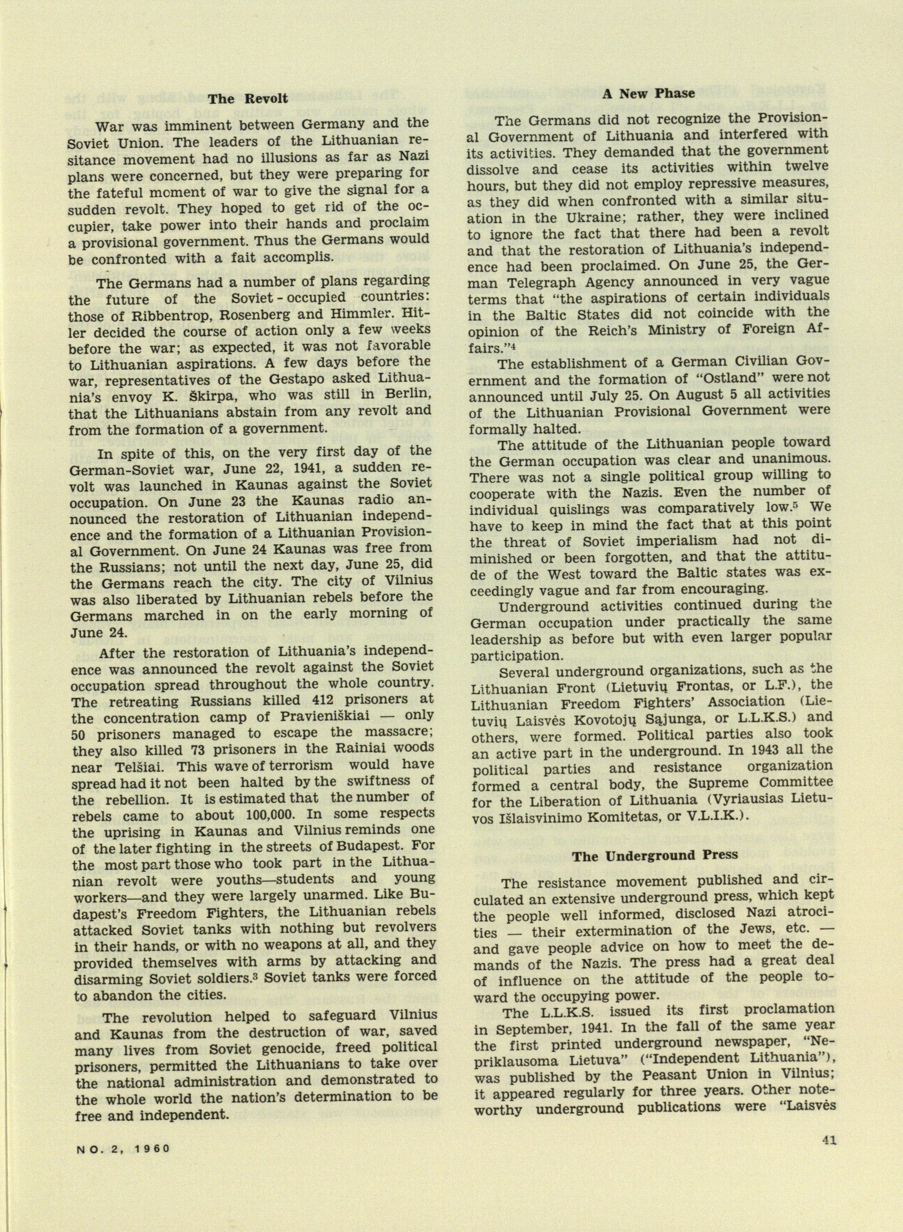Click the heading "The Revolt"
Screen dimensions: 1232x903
pos(248,99)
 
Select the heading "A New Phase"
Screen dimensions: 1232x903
pos(648,94)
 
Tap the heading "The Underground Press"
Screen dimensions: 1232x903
pos(655,855)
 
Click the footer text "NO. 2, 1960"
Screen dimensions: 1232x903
pos(122,1190)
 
